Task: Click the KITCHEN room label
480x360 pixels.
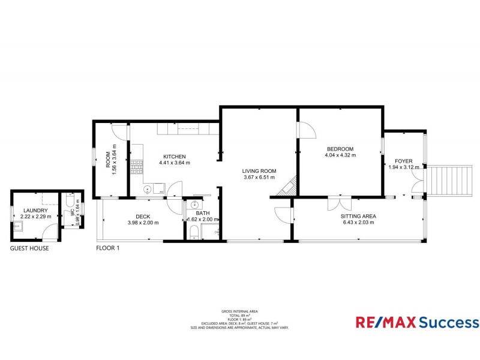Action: click(174, 156)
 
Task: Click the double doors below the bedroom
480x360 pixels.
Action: click(340, 203)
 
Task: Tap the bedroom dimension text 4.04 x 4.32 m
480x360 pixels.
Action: click(341, 155)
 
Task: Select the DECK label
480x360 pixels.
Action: click(142, 216)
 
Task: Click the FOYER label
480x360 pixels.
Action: click(403, 161)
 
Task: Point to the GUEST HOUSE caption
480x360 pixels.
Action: click(29, 248)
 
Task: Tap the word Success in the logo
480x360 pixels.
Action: click(445, 323)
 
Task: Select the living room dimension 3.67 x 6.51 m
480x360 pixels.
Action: click(259, 178)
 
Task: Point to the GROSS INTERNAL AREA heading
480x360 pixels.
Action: click(239, 311)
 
